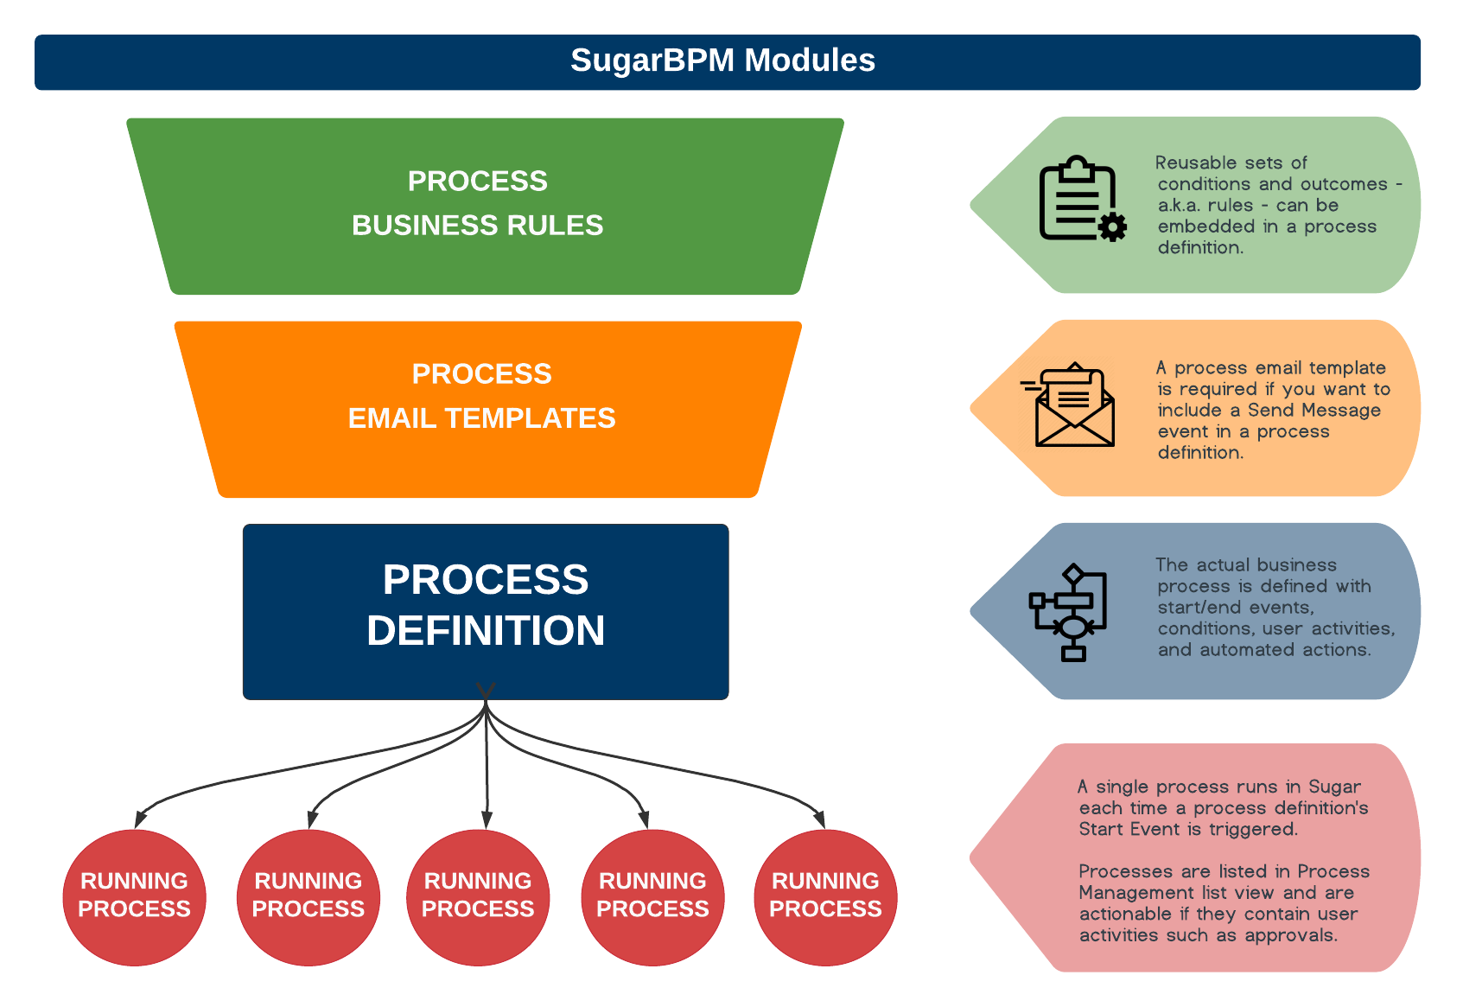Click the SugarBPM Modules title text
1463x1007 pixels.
[x=722, y=61]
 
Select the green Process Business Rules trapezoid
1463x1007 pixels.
[x=484, y=206]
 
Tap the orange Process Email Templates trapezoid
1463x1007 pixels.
[x=487, y=408]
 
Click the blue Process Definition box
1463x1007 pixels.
[x=486, y=610]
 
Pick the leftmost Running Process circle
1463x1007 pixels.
[x=134, y=896]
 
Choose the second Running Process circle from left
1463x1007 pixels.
[x=308, y=896]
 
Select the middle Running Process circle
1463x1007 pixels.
[x=478, y=896]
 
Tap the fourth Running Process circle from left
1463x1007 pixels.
[x=652, y=896]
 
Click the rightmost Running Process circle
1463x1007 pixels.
[x=825, y=896]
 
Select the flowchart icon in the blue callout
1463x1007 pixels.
[x=1068, y=612]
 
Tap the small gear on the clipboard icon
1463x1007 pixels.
[x=1113, y=227]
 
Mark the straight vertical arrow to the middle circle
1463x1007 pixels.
[x=487, y=769]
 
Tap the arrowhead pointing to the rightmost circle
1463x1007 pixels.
[x=819, y=819]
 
